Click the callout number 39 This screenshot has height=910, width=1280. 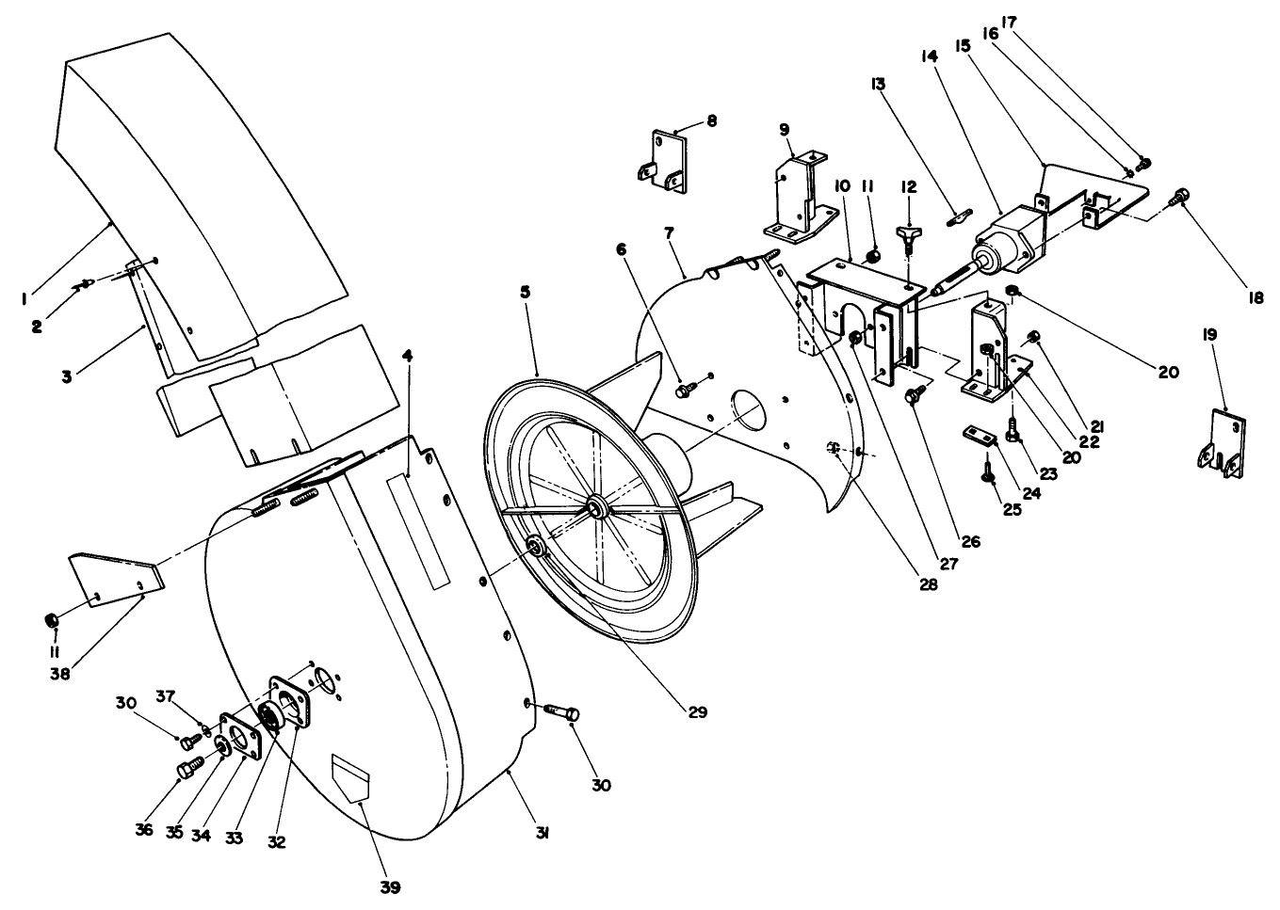point(389,886)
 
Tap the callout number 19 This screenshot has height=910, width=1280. point(1210,334)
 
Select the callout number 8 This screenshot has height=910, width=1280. point(711,120)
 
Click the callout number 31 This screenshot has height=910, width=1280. point(544,832)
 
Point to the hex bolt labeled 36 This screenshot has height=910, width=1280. point(186,771)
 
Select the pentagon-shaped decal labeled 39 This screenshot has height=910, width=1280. point(350,776)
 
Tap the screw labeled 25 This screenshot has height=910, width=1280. point(988,476)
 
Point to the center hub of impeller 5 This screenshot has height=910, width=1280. point(596,509)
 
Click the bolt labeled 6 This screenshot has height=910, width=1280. point(686,386)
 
